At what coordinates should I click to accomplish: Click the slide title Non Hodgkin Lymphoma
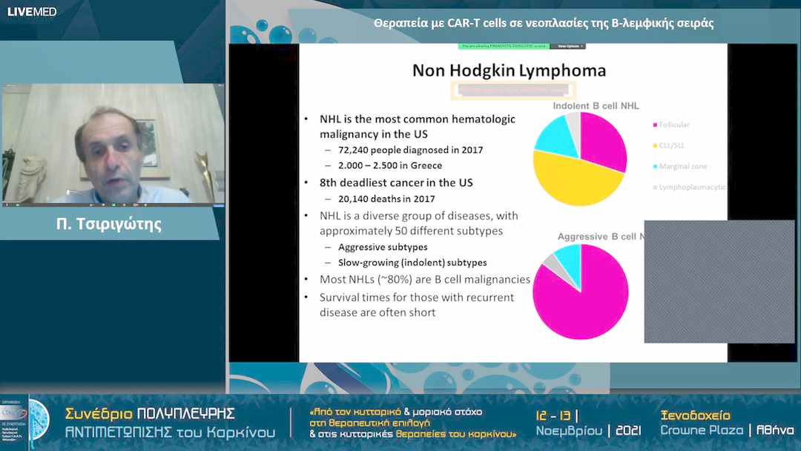[509, 71]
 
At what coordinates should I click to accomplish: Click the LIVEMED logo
[32, 12]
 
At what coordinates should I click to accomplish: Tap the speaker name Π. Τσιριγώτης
[108, 223]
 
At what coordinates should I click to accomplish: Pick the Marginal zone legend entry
[682, 167]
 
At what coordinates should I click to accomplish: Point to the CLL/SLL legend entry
[673, 145]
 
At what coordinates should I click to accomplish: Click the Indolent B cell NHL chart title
[596, 106]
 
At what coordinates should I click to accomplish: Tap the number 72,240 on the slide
[356, 150]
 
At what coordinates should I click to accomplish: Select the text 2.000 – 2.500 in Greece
[390, 165]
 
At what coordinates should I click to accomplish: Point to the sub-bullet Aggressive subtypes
[383, 247]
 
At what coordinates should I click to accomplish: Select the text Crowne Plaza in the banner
[702, 430]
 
